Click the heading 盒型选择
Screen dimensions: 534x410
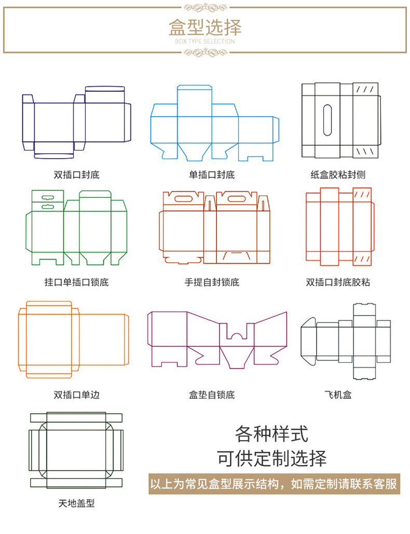tap(205, 26)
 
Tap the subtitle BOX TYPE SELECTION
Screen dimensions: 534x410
tap(205, 41)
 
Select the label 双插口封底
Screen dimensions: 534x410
tap(76, 175)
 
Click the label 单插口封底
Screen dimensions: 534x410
tap(212, 175)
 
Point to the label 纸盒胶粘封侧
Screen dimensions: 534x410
tap(338, 175)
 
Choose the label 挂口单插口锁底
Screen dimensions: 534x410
tap(76, 283)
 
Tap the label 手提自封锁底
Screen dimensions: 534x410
tap(212, 283)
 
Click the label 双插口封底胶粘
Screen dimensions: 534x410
tap(338, 283)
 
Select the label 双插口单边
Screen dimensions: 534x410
tap(76, 395)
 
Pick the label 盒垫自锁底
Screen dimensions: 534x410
tap(212, 395)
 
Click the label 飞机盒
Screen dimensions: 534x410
tap(338, 395)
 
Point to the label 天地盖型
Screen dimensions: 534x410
tap(76, 503)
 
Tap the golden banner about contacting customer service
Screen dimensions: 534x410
tap(274, 484)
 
